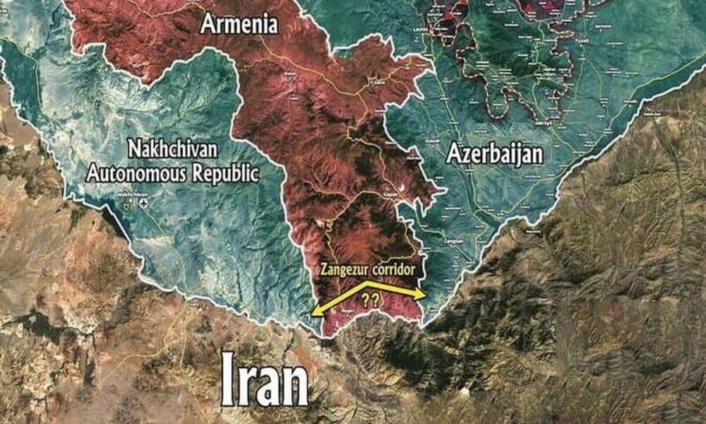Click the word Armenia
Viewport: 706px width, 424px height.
(x=239, y=24)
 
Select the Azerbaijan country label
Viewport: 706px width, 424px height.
(x=494, y=154)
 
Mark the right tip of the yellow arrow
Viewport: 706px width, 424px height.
(x=424, y=295)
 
